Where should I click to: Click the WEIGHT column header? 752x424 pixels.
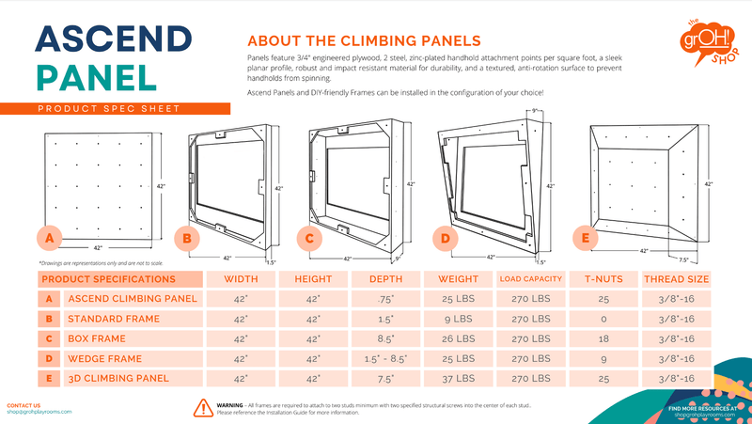point(456,279)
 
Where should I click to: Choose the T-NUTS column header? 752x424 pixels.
point(603,279)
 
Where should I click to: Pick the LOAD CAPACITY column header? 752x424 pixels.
point(530,279)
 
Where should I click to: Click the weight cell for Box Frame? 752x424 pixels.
point(456,338)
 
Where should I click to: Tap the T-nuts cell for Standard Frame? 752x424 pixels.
point(603,319)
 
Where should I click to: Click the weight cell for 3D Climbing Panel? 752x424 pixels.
point(456,378)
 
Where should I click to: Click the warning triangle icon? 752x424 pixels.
point(202,407)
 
